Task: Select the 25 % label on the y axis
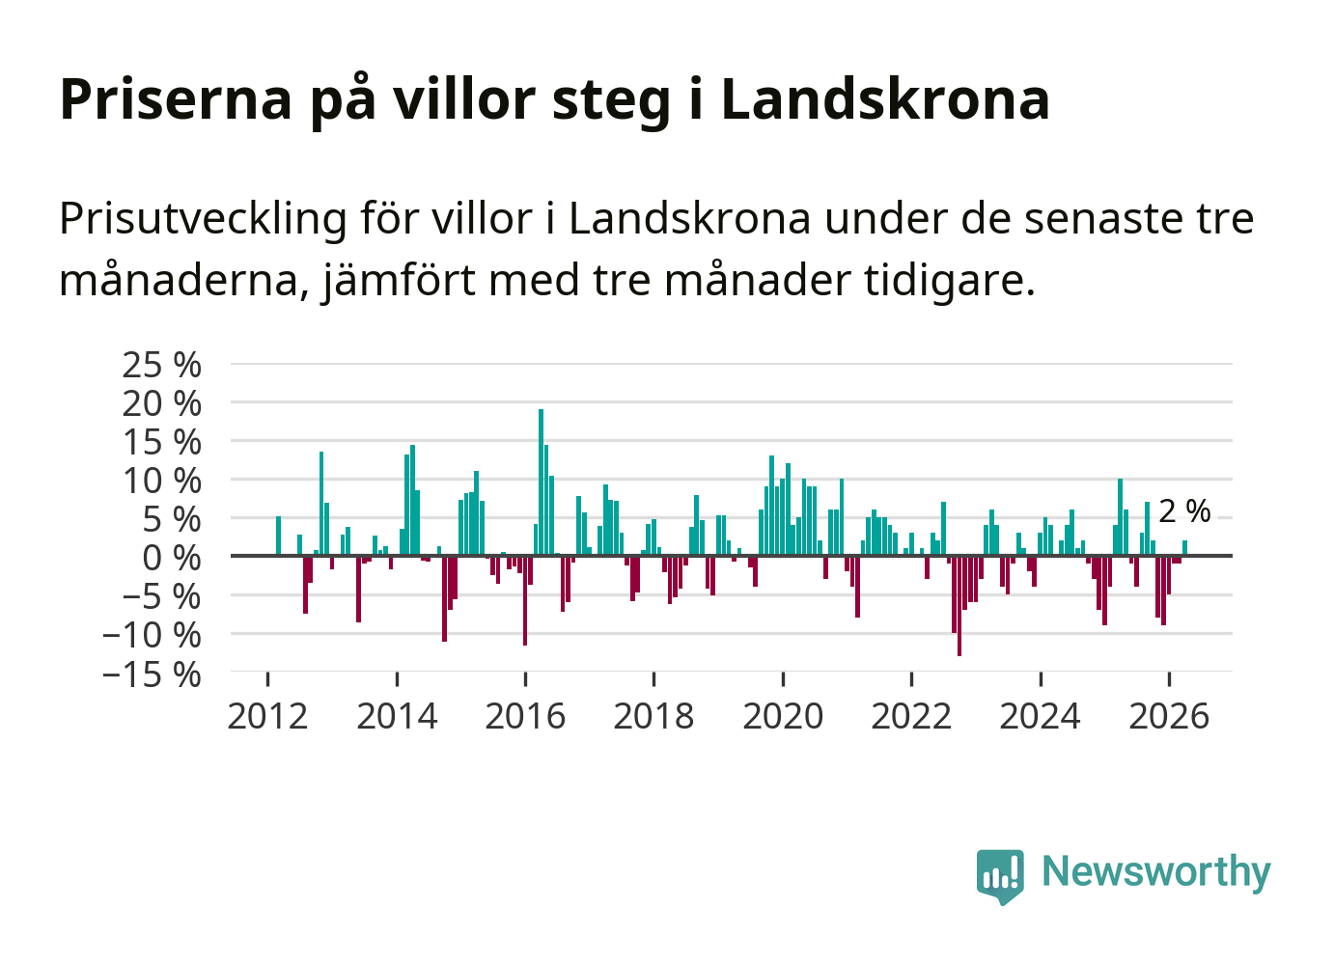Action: [161, 365]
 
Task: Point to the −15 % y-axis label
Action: [152, 675]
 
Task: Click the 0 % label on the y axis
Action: [172, 559]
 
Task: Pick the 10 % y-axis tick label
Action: [161, 482]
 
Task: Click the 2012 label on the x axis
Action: [267, 716]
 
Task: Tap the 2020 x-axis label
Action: [783, 716]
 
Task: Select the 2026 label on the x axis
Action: [1169, 716]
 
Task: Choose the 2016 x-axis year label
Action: [525, 716]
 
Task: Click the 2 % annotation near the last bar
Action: [1184, 511]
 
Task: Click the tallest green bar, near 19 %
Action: [541, 482]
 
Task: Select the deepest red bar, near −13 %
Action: [959, 606]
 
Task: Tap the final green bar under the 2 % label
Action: [1185, 548]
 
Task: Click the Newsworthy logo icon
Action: [1000, 876]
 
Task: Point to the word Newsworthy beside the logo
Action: [1156, 871]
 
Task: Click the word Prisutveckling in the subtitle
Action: [203, 220]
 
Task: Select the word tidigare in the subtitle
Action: [949, 281]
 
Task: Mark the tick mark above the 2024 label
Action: [1041, 678]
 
